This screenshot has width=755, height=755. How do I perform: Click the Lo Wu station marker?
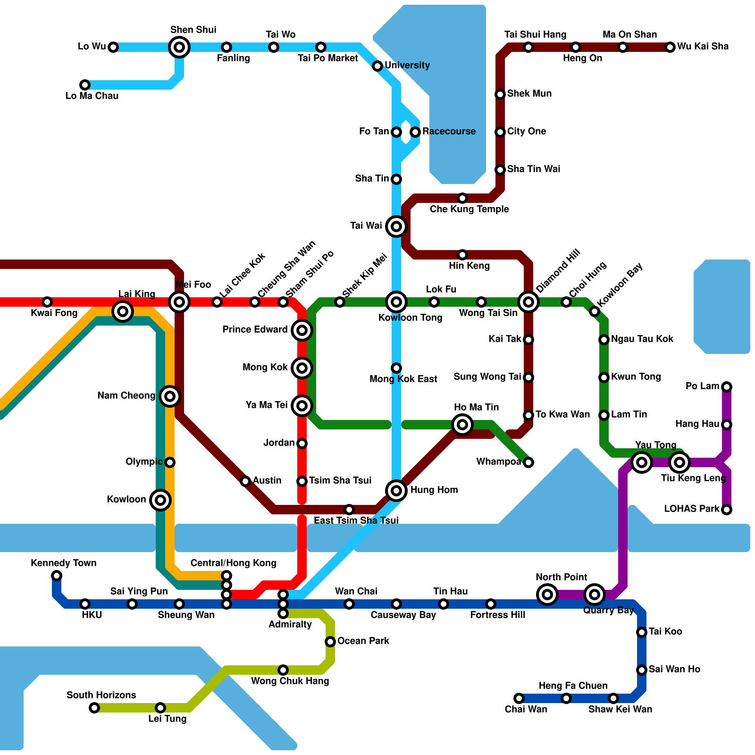click(113, 47)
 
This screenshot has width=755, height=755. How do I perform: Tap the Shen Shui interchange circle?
click(179, 47)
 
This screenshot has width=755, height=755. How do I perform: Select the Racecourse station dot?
click(415, 132)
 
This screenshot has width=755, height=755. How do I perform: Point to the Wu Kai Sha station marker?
click(670, 47)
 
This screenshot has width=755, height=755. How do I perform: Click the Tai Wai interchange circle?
click(396, 226)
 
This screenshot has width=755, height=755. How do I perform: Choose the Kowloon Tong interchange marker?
click(396, 302)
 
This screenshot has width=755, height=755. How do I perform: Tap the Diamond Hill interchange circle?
click(528, 302)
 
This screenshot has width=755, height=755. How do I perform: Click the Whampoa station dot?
click(528, 462)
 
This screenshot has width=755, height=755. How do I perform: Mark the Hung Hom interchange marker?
click(396, 491)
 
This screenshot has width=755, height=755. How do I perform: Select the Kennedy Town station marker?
click(57, 576)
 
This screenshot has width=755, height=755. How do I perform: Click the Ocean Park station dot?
click(330, 642)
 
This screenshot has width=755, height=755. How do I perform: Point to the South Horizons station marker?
click(94, 708)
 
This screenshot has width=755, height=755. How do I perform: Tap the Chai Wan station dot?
click(519, 698)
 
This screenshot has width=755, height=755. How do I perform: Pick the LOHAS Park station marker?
click(727, 510)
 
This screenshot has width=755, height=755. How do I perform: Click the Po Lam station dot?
click(727, 387)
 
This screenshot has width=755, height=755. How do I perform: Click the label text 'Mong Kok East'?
click(403, 379)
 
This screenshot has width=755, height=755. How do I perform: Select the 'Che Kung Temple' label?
click(469, 209)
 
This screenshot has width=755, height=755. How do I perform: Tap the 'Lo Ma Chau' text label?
click(92, 96)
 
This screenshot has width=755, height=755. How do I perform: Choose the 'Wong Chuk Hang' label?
click(290, 681)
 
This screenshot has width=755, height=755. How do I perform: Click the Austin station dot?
click(245, 481)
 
